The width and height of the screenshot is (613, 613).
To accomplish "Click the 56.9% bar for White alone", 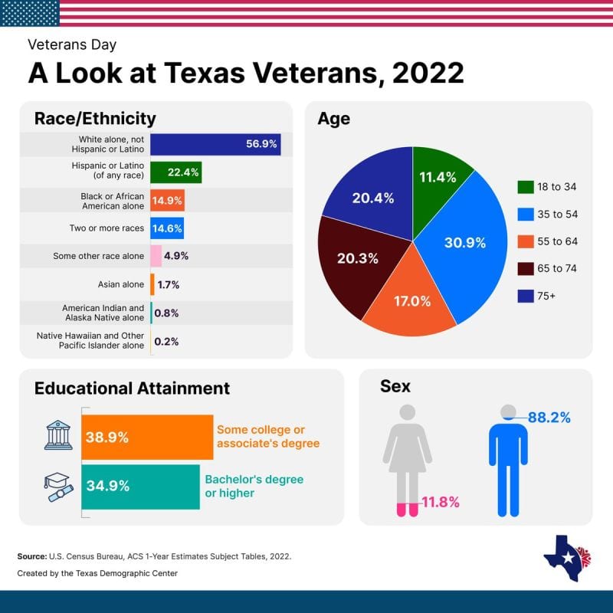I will tap(215, 144).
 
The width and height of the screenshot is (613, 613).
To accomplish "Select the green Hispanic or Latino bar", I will tap(175, 172).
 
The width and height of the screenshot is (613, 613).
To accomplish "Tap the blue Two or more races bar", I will tap(166, 228).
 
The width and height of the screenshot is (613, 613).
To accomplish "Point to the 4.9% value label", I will tap(176, 256).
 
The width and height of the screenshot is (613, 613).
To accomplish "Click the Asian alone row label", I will tap(122, 284).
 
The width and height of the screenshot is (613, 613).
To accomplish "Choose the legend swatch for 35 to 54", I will tap(526, 215).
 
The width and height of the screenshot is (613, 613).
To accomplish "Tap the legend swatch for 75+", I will tap(526, 296).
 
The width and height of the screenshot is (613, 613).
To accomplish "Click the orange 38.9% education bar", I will tap(146, 438).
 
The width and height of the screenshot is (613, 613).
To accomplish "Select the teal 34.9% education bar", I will tap(140, 486).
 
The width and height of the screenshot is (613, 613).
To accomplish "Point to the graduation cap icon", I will tap(56, 486).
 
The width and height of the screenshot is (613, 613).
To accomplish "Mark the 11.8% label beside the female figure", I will tap(440, 503).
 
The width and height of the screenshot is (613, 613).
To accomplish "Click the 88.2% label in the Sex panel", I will tap(549, 418).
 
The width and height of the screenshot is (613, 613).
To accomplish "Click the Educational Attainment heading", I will tap(132, 388).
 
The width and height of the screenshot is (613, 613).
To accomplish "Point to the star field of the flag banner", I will tap(30, 12).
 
